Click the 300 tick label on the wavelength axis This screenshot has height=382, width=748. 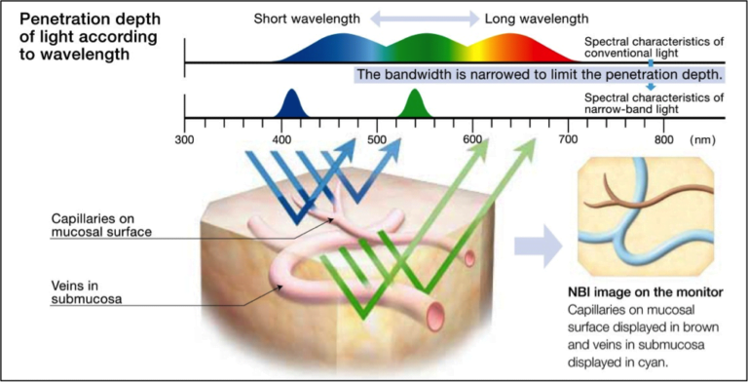[185, 139]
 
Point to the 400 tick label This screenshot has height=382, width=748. [282, 139]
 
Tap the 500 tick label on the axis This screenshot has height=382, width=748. [377, 139]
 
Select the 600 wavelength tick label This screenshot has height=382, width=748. [473, 139]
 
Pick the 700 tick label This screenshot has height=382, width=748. [568, 139]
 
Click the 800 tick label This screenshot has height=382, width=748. [663, 139]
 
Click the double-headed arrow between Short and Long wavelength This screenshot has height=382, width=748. [422, 19]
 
